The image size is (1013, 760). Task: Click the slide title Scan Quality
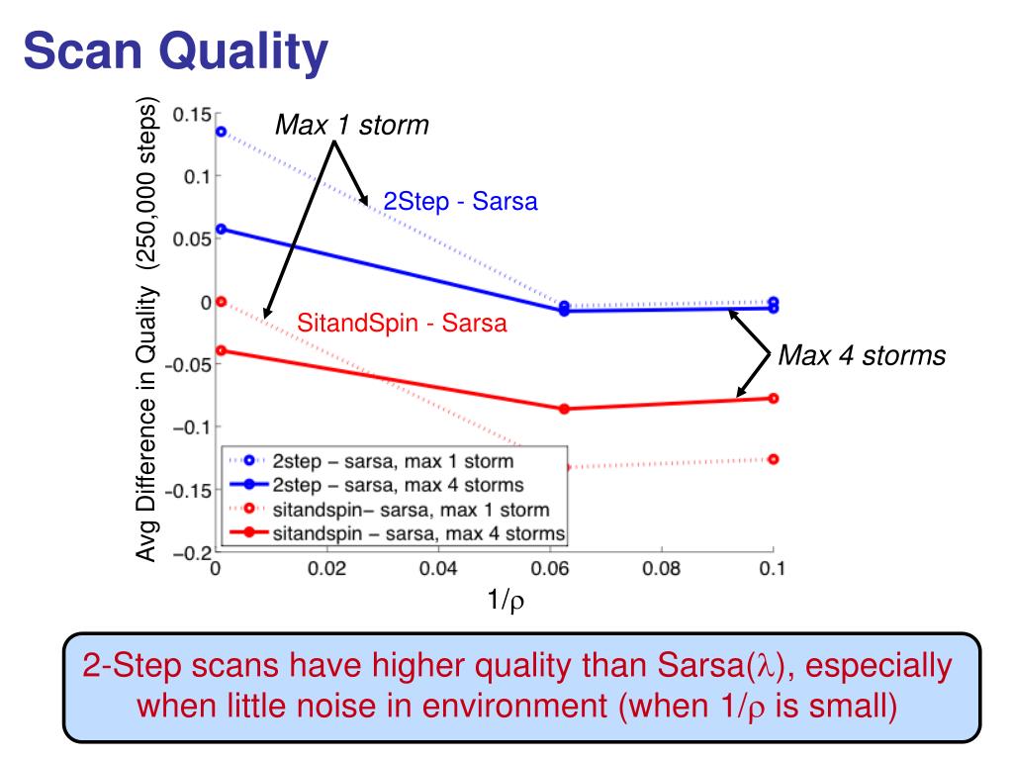pos(175,51)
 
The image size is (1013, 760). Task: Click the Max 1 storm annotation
pos(351,126)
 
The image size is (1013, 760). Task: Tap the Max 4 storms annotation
pos(862,355)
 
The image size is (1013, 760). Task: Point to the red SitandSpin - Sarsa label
pos(402,323)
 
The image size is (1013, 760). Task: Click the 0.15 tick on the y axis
pos(190,114)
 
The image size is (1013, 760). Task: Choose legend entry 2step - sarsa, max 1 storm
pos(392,461)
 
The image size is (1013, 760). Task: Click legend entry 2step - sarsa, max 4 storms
pos(398,485)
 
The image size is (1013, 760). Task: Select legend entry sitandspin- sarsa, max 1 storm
pos(407,510)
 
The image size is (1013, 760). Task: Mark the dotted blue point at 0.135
pos(222,131)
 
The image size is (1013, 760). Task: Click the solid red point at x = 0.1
pos(773,398)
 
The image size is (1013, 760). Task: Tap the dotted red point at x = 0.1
pos(773,459)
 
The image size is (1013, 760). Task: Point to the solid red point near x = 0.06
pos(565,409)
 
